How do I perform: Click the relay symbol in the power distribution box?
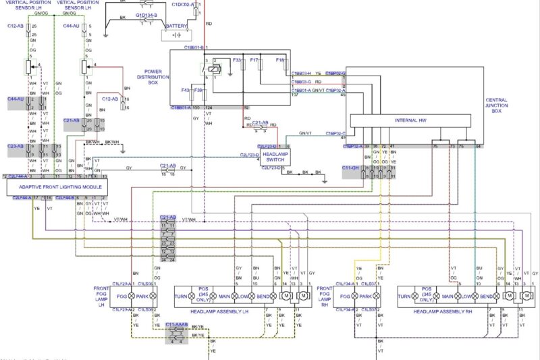click(x=212, y=68)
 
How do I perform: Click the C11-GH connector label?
click(x=351, y=167)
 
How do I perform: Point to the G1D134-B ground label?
click(x=146, y=14)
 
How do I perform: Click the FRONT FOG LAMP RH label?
click(x=325, y=294)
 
